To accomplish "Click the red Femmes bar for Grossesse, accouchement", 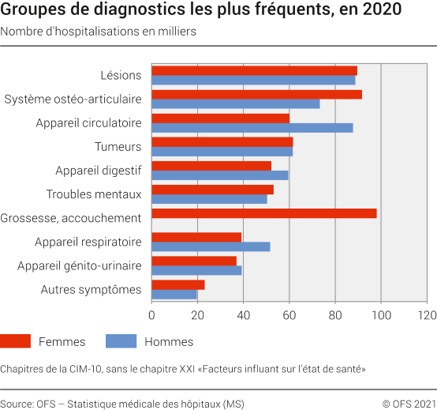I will click(x=263, y=213).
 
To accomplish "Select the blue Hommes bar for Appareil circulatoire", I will click(x=252, y=127).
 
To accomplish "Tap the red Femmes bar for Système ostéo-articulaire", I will click(x=256, y=94).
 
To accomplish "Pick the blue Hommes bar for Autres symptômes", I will click(x=174, y=294).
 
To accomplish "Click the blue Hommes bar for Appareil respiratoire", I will click(x=211, y=246).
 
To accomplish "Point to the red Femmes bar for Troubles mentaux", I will click(x=212, y=190).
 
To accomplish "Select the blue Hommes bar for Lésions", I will click(x=253, y=80).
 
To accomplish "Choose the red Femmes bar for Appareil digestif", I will click(x=211, y=166).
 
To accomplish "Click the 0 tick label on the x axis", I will click(x=151, y=314).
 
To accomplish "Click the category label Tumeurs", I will click(x=118, y=147).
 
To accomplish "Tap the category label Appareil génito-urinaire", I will click(x=80, y=266).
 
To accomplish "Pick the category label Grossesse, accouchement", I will click(x=71, y=218).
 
